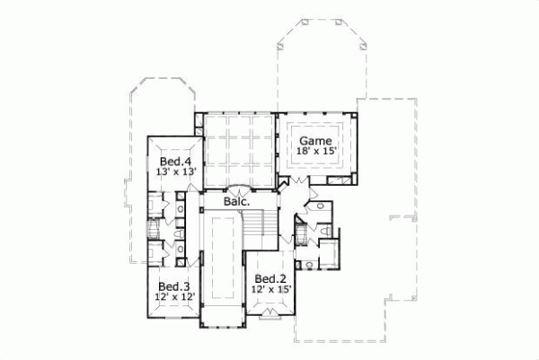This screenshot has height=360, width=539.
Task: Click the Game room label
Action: point(315,141)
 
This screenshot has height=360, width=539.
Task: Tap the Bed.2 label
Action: point(269,278)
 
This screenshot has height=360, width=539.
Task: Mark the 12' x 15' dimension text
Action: point(269,289)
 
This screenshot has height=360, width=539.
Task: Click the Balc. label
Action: point(236,202)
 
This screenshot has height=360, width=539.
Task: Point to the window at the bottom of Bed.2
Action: point(269,313)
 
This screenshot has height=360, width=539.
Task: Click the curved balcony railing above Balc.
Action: point(237,190)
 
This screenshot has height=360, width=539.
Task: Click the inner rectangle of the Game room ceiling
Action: point(315,145)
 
